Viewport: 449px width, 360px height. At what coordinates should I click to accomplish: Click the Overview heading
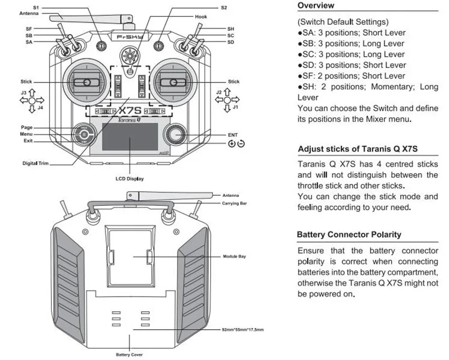click(x=315, y=6)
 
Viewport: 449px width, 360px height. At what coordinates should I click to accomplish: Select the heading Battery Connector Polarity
click(x=349, y=234)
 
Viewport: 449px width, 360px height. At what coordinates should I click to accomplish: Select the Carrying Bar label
click(x=235, y=202)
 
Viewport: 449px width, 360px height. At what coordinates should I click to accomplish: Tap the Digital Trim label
click(x=37, y=163)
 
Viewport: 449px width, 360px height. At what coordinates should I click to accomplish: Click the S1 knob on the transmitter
click(x=102, y=45)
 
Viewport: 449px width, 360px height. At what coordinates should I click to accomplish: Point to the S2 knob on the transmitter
click(x=159, y=45)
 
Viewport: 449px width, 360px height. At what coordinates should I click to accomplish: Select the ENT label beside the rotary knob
click(x=233, y=135)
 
